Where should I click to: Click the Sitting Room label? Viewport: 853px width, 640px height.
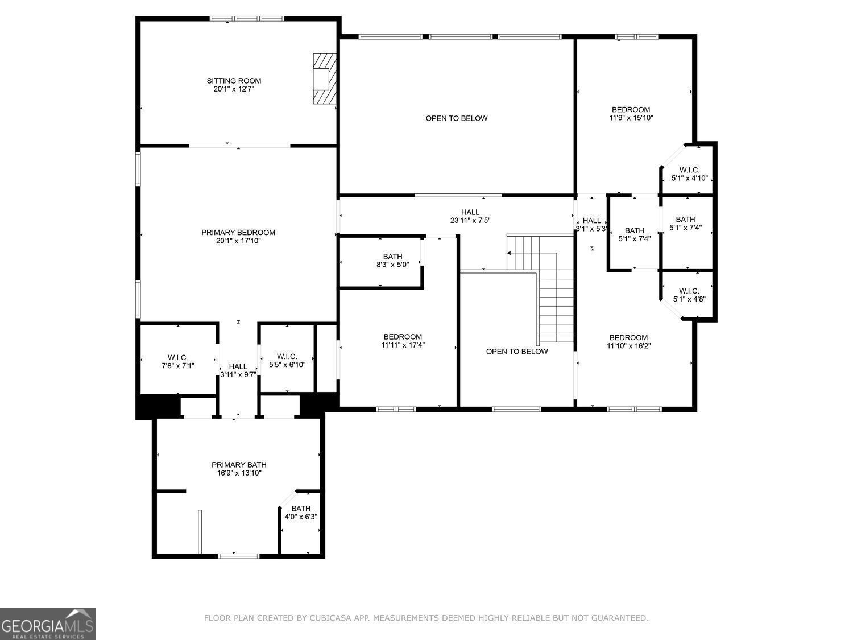coord(234,81)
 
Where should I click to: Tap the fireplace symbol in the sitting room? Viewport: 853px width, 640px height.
coord(324,79)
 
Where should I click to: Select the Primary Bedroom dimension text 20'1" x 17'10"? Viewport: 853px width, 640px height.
coord(238,241)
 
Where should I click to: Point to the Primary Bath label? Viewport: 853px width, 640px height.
coord(239,465)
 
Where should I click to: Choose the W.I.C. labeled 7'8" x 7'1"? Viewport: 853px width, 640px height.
coord(178,362)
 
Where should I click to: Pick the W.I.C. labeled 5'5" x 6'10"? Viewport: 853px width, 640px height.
coord(287,361)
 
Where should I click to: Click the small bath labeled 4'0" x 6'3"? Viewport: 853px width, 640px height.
coord(301,513)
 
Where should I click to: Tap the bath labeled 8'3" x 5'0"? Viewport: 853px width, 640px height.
coord(392,261)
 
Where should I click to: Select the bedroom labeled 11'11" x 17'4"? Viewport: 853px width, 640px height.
coord(403,340)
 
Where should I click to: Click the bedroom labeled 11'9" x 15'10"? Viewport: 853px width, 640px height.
coord(631,114)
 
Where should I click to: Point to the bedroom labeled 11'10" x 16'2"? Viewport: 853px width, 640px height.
coord(628,341)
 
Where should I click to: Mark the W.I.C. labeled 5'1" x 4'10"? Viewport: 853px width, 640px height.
coord(689,174)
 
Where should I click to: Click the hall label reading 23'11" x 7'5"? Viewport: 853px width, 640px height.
coord(470,216)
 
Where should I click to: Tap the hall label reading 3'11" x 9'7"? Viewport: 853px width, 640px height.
coord(238,370)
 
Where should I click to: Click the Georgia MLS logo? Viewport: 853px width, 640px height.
coord(48,624)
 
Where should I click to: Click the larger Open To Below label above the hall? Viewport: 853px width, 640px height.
coord(457,118)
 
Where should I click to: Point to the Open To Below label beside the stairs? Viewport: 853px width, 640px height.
coord(517,352)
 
